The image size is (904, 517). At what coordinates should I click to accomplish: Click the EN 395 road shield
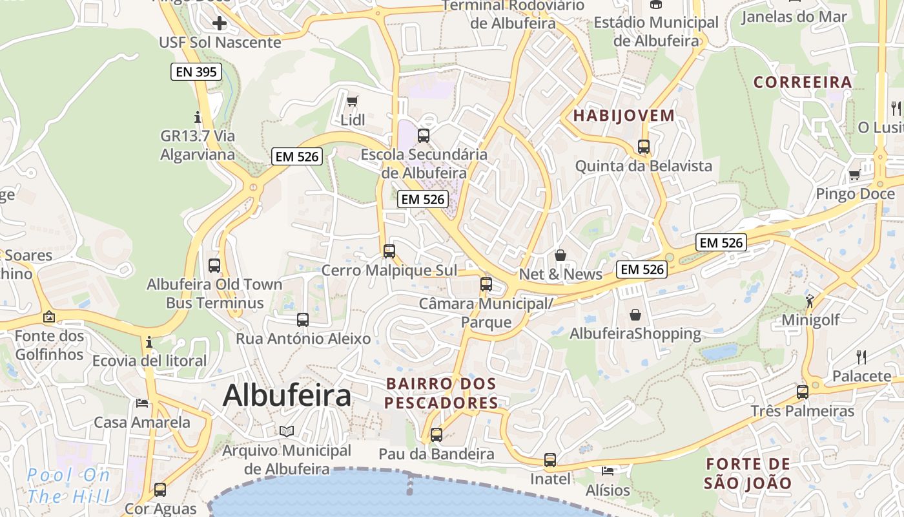[196, 72]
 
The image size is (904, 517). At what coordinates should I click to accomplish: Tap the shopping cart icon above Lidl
[352, 101]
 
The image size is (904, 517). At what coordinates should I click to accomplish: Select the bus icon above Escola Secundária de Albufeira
[424, 136]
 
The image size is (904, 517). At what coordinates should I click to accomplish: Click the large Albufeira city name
[287, 396]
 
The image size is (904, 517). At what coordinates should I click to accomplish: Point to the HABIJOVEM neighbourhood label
[624, 116]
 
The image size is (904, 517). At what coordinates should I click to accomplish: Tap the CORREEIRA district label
[803, 82]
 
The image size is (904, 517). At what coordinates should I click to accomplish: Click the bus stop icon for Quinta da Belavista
[644, 147]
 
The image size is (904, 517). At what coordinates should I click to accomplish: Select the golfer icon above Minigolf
[810, 301]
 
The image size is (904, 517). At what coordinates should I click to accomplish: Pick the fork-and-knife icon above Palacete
[861, 357]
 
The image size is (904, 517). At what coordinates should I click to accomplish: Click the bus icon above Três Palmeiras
[803, 392]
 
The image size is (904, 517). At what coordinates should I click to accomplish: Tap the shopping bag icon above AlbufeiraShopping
[635, 315]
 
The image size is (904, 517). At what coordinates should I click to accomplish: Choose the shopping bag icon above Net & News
[560, 255]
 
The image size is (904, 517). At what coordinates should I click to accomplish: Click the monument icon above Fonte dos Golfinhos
[49, 317]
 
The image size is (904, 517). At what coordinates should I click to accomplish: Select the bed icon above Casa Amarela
[142, 403]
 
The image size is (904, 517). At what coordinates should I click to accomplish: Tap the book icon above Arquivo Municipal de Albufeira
[287, 431]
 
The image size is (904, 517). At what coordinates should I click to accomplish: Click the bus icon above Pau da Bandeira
[437, 434]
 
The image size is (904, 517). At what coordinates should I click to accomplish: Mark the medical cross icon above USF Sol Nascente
[220, 24]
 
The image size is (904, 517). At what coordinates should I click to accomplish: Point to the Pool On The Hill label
[68, 486]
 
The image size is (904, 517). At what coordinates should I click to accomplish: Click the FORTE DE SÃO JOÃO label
[748, 473]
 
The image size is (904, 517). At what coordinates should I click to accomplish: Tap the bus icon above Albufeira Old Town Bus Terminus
[214, 265]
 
